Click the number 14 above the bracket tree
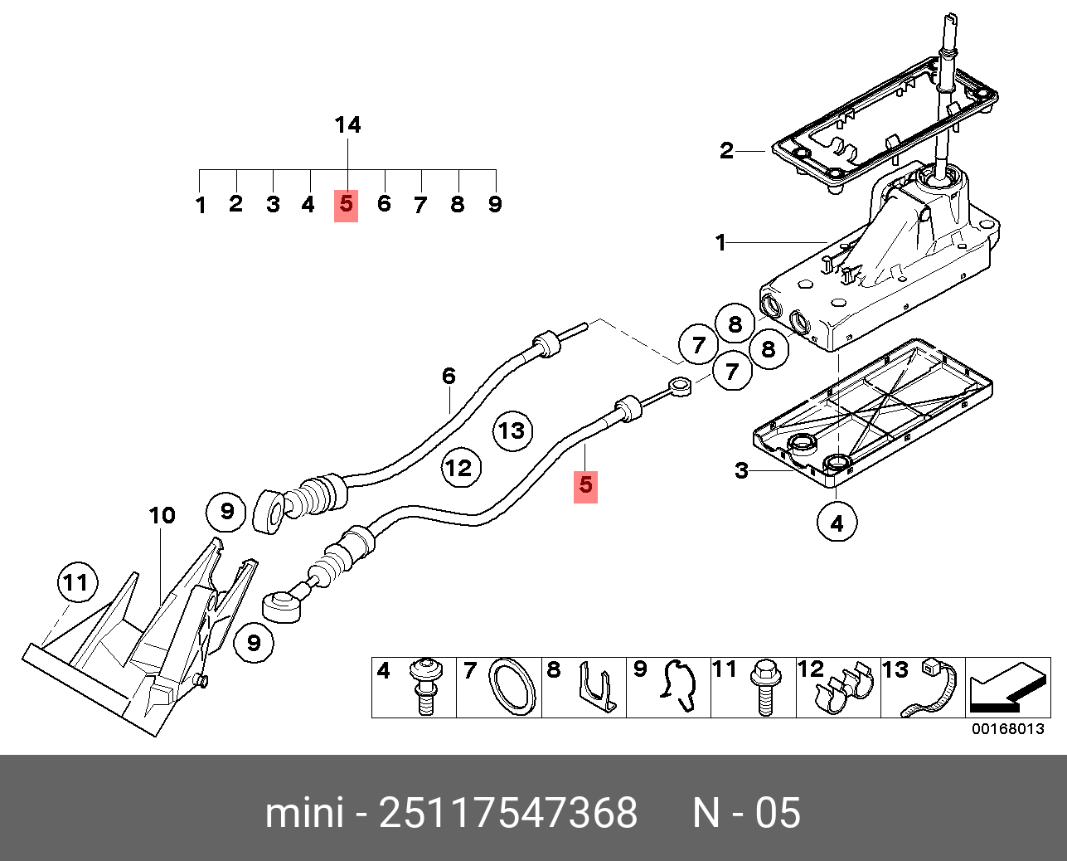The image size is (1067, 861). tap(347, 125)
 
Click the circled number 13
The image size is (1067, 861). tap(512, 430)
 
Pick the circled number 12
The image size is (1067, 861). tap(461, 468)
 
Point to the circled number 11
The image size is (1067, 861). tap(78, 582)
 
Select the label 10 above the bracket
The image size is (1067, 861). tap(162, 516)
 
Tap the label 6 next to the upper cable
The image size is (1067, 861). tap(449, 376)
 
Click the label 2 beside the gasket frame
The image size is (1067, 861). tap(726, 150)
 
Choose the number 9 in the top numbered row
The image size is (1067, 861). tap(495, 204)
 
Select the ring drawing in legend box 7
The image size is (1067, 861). tap(513, 688)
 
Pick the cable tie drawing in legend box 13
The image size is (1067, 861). tap(929, 687)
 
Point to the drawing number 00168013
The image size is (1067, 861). tap(1008, 729)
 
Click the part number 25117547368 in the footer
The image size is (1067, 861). tap(508, 813)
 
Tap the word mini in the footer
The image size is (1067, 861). tap(304, 813)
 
